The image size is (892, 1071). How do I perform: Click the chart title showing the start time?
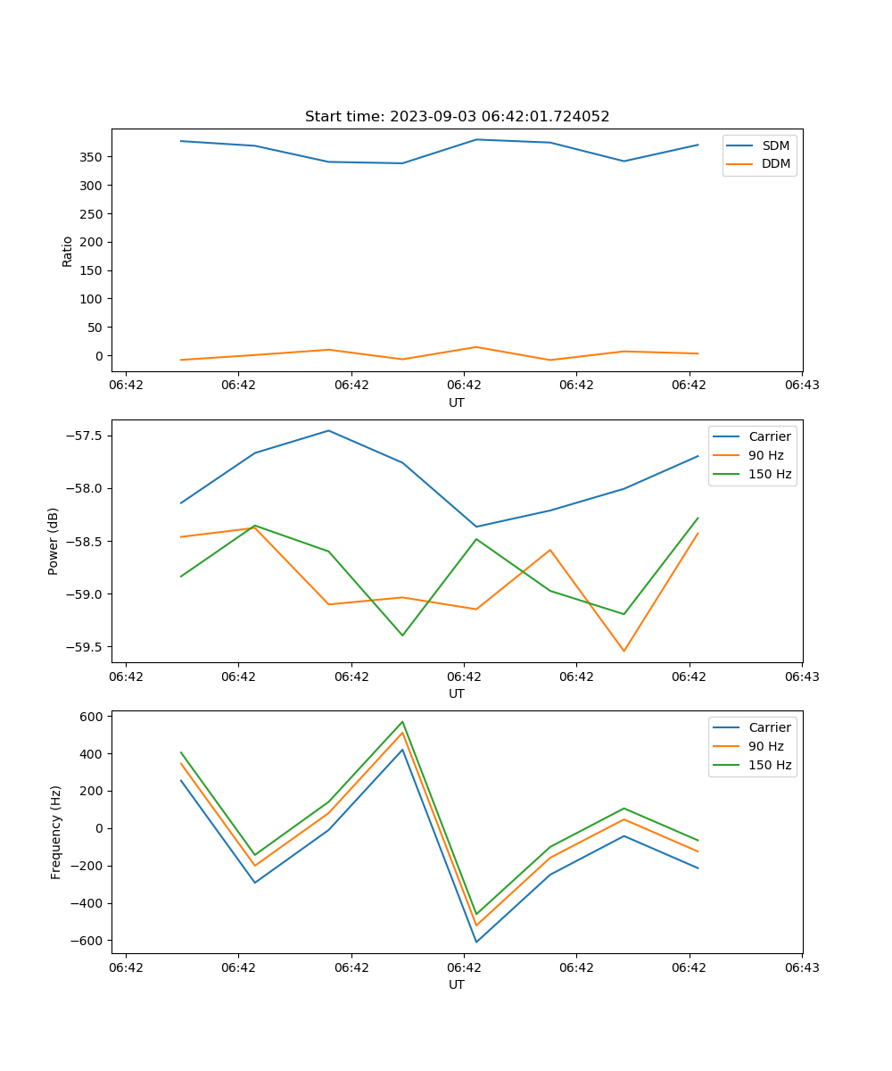click(457, 116)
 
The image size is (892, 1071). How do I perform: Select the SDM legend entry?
click(775, 145)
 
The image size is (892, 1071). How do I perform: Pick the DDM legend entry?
click(775, 163)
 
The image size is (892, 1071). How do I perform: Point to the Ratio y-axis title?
click(67, 251)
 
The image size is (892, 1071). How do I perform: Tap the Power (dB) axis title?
click(54, 541)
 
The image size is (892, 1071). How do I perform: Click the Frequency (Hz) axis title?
click(55, 832)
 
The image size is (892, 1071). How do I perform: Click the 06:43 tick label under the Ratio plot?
click(802, 386)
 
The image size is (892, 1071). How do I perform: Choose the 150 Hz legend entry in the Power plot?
click(770, 474)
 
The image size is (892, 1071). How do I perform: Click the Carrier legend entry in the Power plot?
click(770, 436)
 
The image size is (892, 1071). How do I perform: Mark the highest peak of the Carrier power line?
click(328, 430)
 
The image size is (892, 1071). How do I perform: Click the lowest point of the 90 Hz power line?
click(624, 651)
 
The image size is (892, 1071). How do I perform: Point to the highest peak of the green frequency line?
click(402, 721)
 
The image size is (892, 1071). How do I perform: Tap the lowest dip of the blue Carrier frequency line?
click(476, 942)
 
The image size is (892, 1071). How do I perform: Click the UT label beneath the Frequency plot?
click(457, 984)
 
